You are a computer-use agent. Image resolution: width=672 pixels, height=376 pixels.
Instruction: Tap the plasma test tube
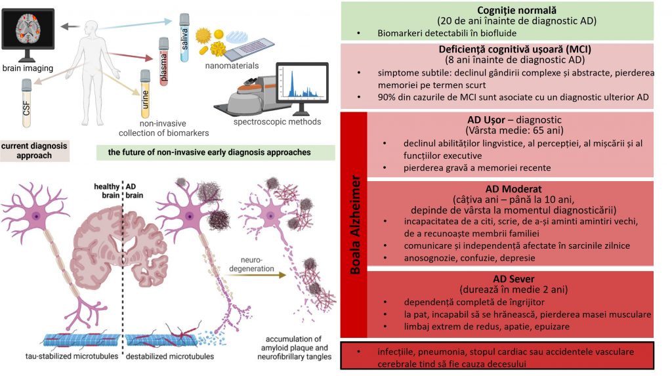coord(163,62)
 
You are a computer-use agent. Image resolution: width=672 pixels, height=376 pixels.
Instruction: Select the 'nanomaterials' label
coord(231,66)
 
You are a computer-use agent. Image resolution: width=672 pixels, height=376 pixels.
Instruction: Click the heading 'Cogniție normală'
coord(497,10)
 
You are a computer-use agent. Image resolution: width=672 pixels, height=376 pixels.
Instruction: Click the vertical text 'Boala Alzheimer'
coord(354,224)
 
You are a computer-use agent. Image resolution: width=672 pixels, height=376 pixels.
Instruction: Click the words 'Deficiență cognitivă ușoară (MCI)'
coord(497,49)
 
